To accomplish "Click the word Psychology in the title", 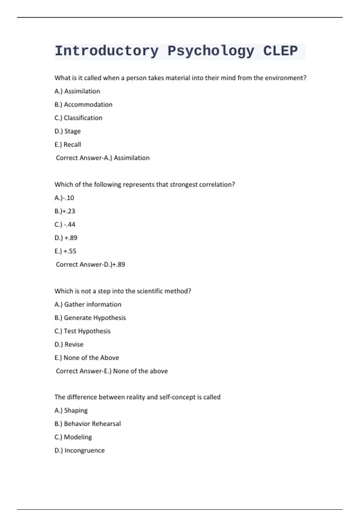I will [x=211, y=51].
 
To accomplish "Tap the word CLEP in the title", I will [x=280, y=51].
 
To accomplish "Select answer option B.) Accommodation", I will [x=83, y=104].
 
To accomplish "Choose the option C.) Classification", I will [x=78, y=118].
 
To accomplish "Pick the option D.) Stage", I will [x=67, y=131].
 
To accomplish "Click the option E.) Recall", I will [x=68, y=145].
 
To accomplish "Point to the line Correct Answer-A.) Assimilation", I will [x=103, y=158].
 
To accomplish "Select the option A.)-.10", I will [x=64, y=198].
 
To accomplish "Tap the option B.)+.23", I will [x=65, y=211].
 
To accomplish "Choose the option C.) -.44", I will [x=65, y=224].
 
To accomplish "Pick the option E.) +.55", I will [x=65, y=251].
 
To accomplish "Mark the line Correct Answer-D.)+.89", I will [x=90, y=264].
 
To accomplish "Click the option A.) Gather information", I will [x=88, y=304].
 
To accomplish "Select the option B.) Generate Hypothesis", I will [x=90, y=318].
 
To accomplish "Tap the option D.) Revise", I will [x=69, y=344].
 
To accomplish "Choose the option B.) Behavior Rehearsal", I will [x=88, y=424].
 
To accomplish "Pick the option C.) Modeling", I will [x=73, y=437].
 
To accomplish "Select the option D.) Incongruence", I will [x=79, y=450].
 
